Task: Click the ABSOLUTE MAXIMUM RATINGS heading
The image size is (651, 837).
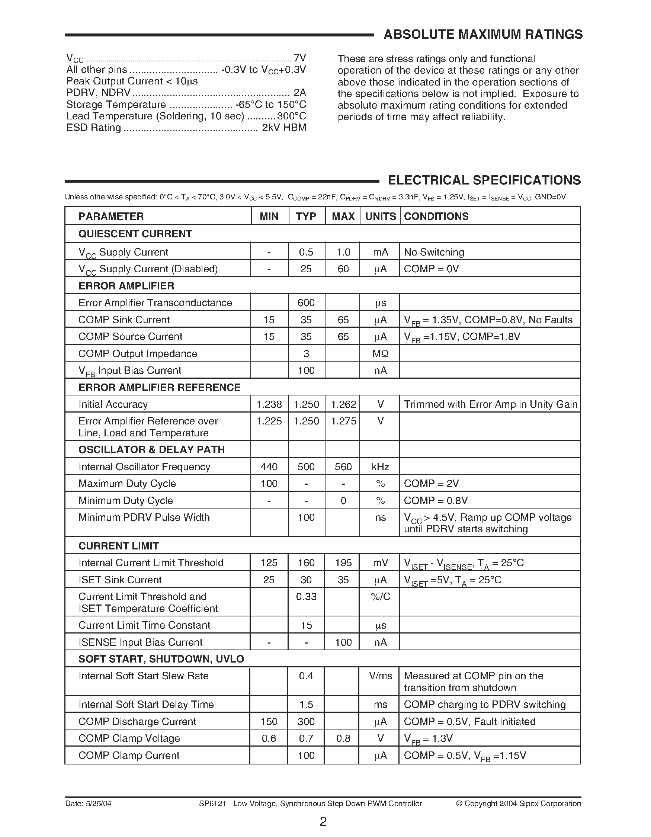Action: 483,35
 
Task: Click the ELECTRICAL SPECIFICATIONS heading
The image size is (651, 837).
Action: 484,180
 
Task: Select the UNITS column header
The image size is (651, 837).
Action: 380,216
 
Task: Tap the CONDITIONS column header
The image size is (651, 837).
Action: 436,216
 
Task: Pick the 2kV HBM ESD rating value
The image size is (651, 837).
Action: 284,128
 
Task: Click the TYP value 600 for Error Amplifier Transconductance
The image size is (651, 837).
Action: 306,303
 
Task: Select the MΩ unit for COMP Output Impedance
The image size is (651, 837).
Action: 380,354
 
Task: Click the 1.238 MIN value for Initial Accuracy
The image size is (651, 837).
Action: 269,404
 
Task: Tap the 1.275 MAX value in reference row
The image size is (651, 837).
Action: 343,421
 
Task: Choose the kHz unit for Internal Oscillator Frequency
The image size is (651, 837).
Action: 380,467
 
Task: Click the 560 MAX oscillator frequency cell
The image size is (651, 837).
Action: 343,467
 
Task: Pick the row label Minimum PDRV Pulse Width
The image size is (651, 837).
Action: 144,517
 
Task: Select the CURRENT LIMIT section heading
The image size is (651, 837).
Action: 118,546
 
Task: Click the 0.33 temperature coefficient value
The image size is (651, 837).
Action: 306,597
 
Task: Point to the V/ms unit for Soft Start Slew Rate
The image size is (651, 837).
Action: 380,676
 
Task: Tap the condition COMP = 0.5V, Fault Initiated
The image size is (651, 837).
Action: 469,722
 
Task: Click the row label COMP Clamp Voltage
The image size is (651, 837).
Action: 129,738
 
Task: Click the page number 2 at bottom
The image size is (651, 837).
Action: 323,822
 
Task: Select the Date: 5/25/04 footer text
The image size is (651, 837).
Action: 88,803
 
